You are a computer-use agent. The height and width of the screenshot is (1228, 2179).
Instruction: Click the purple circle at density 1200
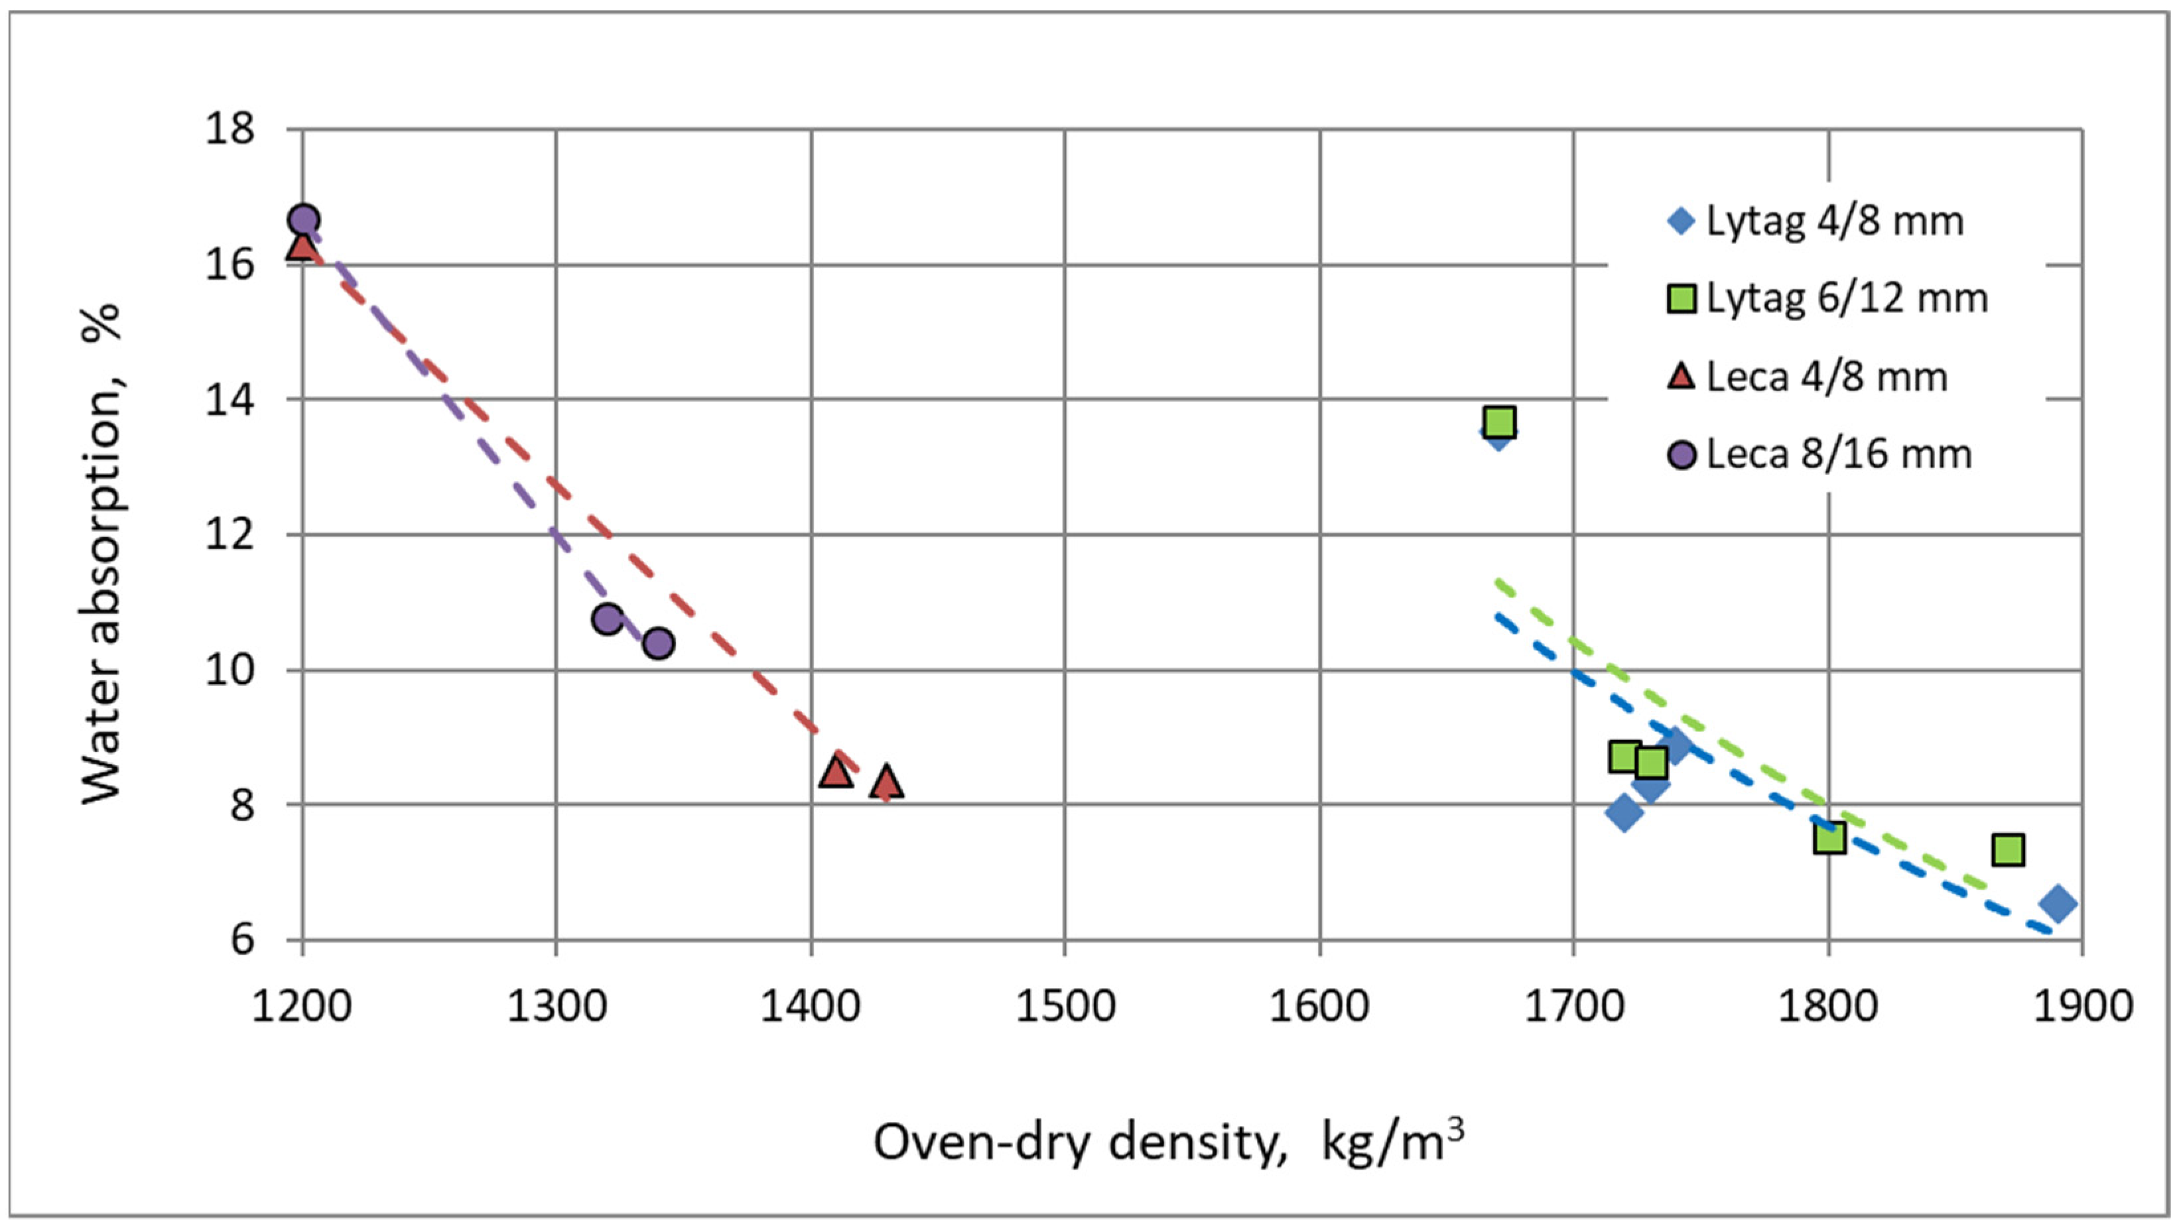[304, 220]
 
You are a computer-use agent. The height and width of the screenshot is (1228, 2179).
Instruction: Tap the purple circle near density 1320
[608, 619]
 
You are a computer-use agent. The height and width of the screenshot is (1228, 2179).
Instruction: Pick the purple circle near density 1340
[658, 644]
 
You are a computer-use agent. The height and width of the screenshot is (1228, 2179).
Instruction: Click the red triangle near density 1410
[836, 771]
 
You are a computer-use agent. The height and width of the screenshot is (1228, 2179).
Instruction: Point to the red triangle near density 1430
[886, 782]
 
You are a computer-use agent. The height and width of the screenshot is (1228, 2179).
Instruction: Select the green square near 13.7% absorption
[1500, 421]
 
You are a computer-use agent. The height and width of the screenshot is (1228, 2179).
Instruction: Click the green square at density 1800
[1829, 838]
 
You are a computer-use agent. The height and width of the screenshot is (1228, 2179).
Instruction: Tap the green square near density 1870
[2008, 849]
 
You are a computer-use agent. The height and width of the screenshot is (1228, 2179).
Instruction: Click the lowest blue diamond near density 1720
[1624, 813]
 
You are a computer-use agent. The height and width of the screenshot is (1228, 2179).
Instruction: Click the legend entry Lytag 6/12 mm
[1827, 298]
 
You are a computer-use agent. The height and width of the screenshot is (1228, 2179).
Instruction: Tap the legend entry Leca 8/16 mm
[1819, 455]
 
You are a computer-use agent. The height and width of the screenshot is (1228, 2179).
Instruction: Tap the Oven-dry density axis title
[1167, 1143]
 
